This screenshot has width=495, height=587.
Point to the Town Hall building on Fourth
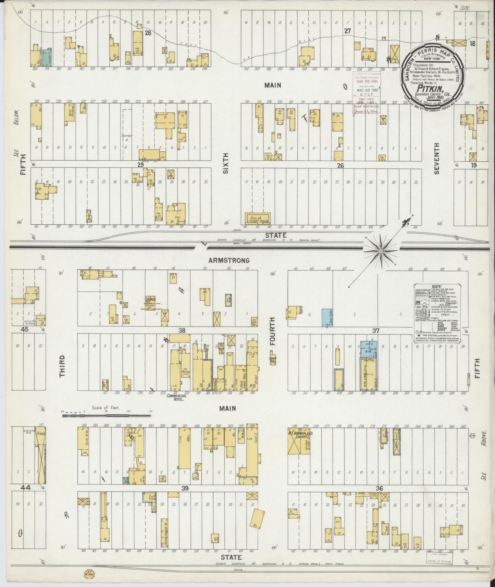tap(273, 360)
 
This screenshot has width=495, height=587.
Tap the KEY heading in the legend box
tap(437, 287)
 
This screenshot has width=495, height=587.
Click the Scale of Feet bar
tap(106, 415)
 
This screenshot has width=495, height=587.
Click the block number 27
tap(348, 31)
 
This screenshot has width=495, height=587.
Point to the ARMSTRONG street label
tap(233, 260)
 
